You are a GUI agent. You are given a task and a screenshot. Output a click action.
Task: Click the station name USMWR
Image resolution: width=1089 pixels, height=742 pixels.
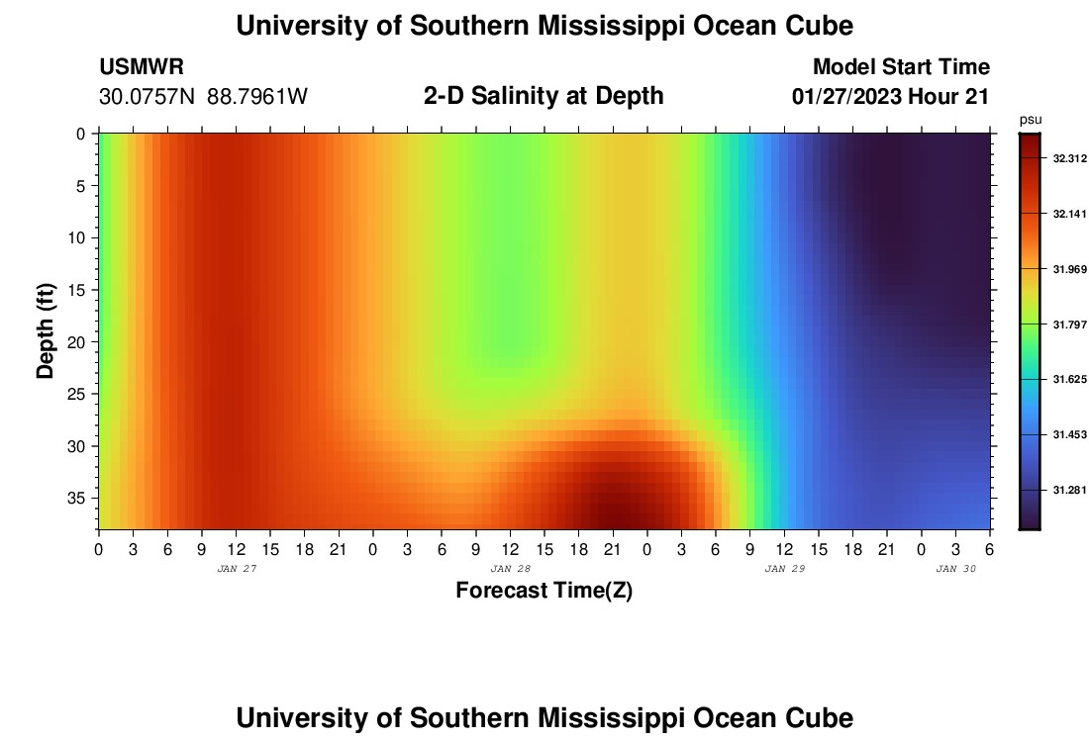pyautogui.click(x=142, y=67)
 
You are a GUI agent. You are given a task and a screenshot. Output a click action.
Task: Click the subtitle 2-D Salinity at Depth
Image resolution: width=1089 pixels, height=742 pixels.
pyautogui.click(x=544, y=96)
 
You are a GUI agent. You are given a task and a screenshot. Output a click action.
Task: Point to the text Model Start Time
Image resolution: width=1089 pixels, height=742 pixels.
pyautogui.click(x=901, y=67)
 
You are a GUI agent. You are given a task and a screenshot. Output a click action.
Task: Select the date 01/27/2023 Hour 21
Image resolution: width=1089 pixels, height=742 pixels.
pyautogui.click(x=891, y=97)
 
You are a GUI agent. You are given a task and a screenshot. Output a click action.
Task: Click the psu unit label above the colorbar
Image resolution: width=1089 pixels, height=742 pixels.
pyautogui.click(x=1031, y=120)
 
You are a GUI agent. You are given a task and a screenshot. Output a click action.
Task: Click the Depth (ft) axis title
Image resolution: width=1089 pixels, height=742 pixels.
pyautogui.click(x=46, y=330)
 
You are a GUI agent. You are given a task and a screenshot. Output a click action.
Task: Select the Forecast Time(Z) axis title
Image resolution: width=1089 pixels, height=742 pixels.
pyautogui.click(x=544, y=592)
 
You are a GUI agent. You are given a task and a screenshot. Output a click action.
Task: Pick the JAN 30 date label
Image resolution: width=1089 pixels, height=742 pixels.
pyautogui.click(x=955, y=569)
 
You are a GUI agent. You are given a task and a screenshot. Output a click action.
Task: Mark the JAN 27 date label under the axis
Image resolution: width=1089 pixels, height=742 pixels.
pyautogui.click(x=236, y=569)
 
